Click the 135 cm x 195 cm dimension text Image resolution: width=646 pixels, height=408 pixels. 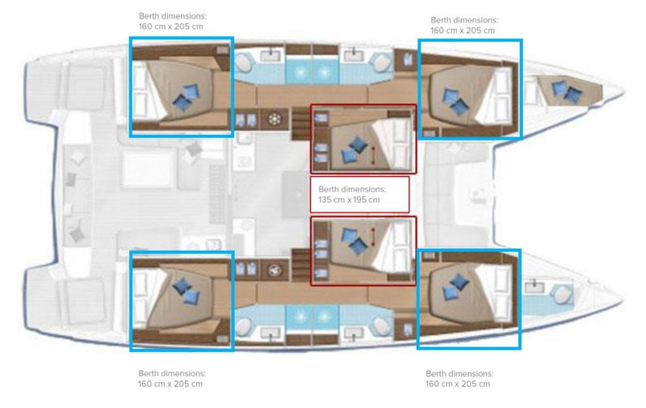point(349,200)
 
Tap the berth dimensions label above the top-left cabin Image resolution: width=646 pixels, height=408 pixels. point(173,22)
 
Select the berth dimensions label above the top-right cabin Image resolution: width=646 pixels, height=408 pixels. point(464,25)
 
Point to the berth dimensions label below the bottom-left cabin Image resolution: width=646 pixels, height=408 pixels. point(172,379)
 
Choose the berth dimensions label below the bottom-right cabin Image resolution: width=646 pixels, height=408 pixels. point(459,379)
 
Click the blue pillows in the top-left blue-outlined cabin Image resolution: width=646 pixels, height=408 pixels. point(186,97)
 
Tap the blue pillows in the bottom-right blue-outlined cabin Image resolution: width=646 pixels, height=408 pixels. point(455,287)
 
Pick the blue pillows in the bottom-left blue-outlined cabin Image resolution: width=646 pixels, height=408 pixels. point(187,291)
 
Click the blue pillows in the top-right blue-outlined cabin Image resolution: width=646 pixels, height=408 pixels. point(455,102)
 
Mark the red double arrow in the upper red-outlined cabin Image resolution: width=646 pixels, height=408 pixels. point(374,155)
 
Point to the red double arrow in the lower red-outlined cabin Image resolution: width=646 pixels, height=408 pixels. point(374,238)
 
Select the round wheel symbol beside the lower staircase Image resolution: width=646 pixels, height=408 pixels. point(275,271)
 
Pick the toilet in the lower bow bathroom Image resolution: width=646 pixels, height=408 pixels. point(562,295)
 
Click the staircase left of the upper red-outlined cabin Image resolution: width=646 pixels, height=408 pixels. point(301,124)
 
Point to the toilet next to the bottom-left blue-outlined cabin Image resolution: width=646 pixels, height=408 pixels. point(244,327)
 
